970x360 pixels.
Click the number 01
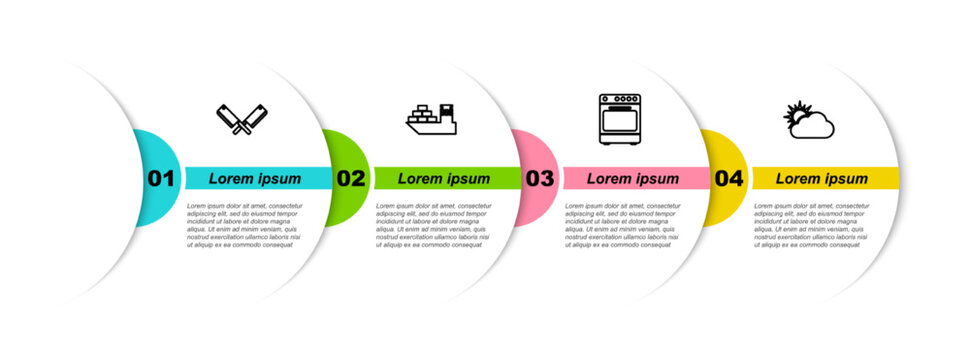pos(161,179)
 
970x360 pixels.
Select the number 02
pos(350,179)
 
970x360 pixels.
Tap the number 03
pos(539,179)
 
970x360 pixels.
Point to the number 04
pos(729,179)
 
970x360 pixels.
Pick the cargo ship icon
pos(431,119)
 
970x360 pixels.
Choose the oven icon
pos(619,119)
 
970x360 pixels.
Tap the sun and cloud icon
pos(808,120)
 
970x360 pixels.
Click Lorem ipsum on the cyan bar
pos(255,179)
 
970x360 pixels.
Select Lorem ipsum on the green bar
pos(444,179)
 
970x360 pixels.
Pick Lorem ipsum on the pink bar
pos(632,179)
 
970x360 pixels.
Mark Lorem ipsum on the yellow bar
pos(822,179)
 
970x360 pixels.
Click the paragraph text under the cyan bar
pos(243,224)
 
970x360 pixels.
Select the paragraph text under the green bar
pos(432,224)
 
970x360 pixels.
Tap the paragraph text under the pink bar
pos(621,224)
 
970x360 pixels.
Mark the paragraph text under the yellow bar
pos(811,224)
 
